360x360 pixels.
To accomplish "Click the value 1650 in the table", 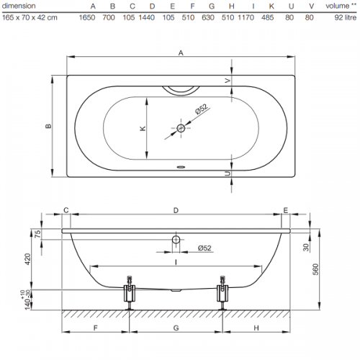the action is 87,17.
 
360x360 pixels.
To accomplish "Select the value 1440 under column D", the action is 147,17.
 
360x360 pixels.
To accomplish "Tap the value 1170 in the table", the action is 246,17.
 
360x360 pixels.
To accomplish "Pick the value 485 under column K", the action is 267,17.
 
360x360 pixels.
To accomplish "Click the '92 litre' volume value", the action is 346,17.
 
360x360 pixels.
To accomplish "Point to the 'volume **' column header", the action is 341,6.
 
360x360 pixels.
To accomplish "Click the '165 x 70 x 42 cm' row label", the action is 30,17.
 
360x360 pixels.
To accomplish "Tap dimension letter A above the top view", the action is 181,53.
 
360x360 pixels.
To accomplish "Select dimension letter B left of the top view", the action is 48,126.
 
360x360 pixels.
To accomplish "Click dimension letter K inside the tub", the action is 143,128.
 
